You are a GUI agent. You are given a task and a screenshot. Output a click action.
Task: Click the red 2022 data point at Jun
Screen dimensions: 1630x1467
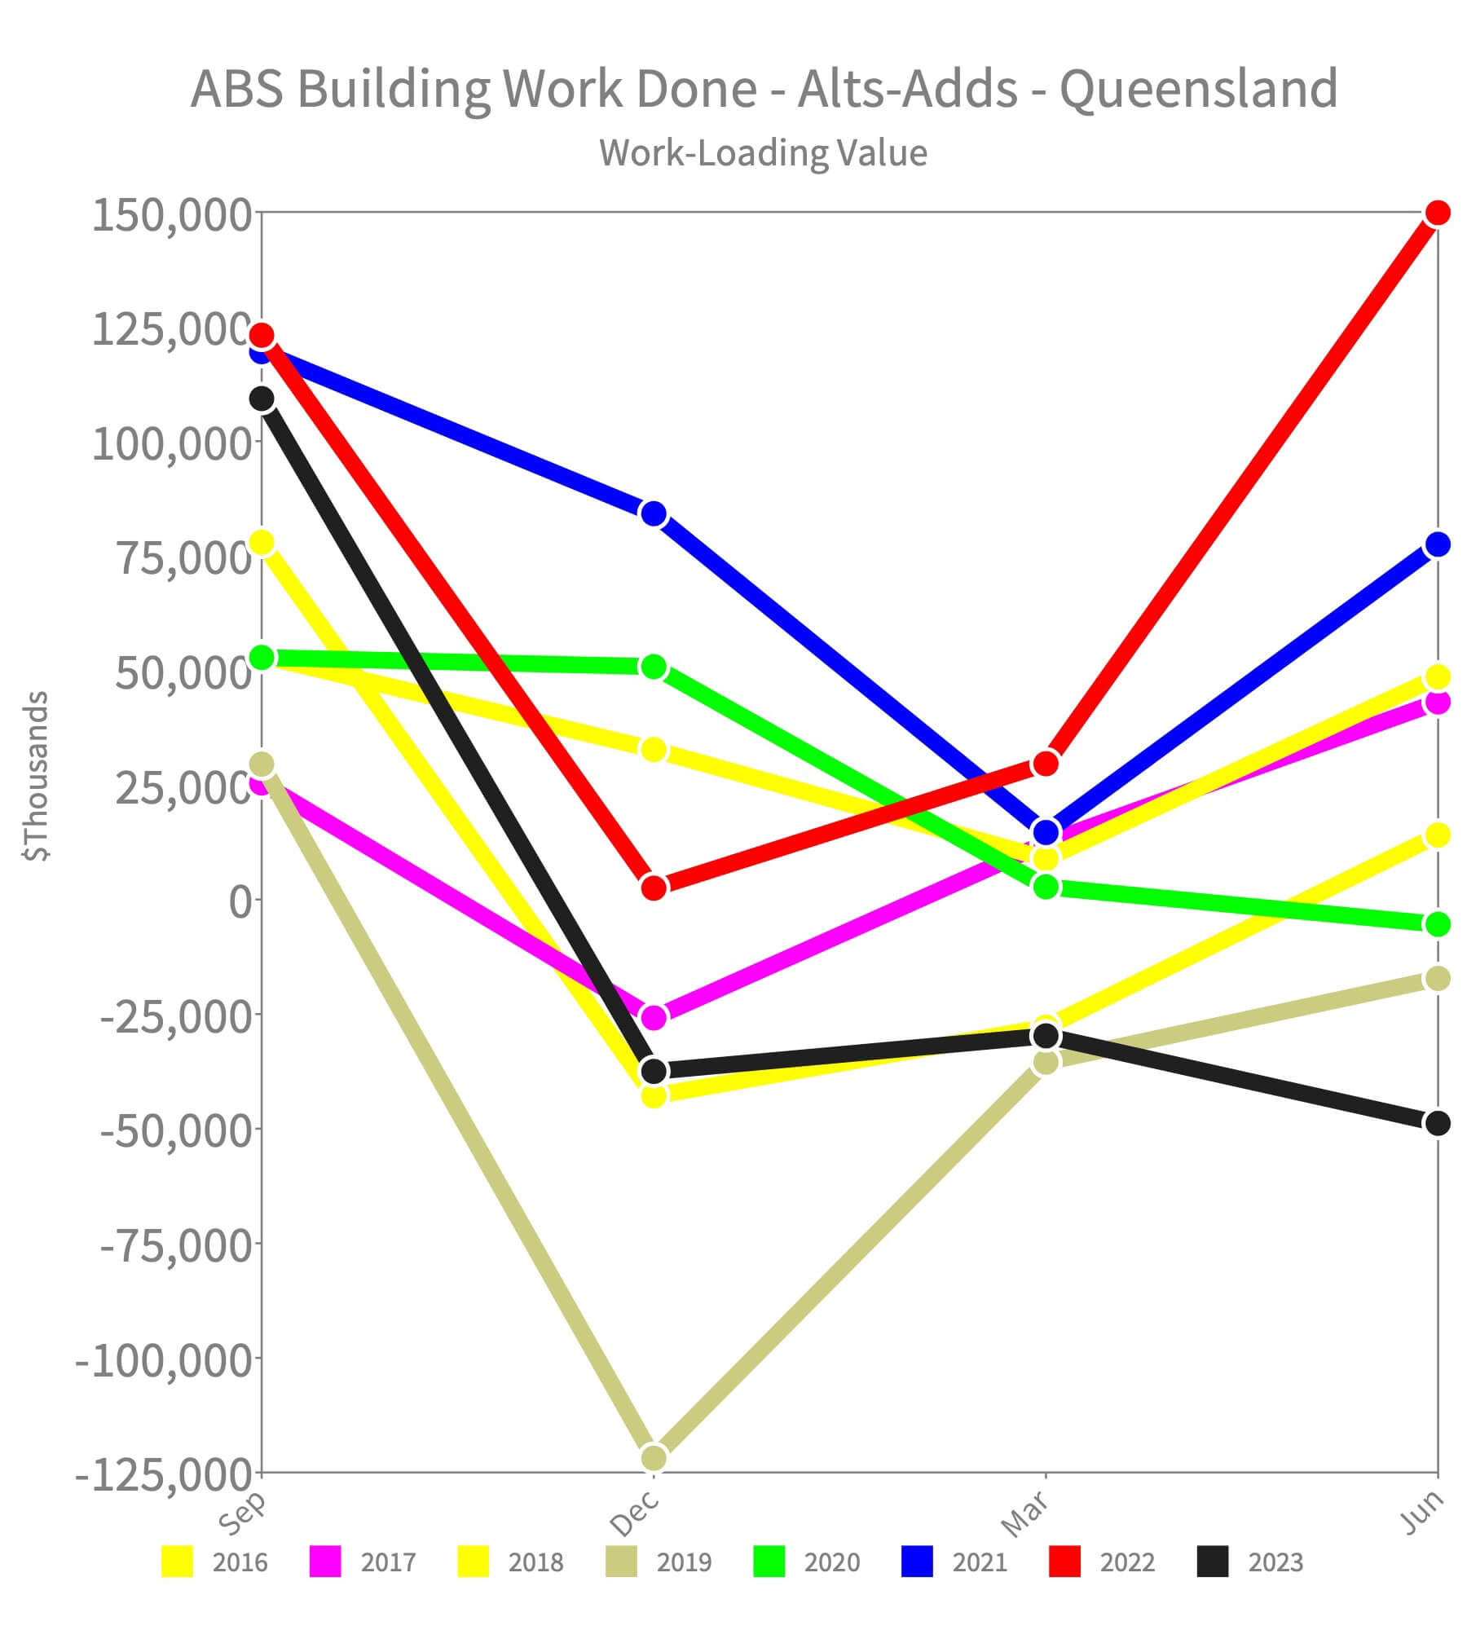[x=1438, y=213]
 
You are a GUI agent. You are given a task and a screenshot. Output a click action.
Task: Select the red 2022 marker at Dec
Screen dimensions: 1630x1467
[x=654, y=887]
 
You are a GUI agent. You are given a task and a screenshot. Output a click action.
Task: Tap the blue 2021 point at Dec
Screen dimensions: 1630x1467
[x=654, y=514]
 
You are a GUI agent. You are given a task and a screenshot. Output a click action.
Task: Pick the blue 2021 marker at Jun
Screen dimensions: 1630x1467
[x=1438, y=544]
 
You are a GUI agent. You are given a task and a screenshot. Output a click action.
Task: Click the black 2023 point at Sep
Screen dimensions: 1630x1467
[x=262, y=399]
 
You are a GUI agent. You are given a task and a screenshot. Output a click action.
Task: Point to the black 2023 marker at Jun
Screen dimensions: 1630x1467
[x=1438, y=1123]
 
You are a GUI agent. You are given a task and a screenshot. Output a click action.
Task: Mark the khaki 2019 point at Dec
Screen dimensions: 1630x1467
[x=654, y=1457]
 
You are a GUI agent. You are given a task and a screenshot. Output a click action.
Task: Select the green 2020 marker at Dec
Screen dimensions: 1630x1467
[x=654, y=667]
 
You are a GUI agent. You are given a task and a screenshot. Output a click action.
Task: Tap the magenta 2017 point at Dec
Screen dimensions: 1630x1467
[x=654, y=1017]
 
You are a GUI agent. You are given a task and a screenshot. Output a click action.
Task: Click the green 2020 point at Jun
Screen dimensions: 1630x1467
[x=1438, y=924]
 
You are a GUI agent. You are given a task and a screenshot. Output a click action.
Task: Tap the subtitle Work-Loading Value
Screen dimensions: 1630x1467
[x=764, y=152]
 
